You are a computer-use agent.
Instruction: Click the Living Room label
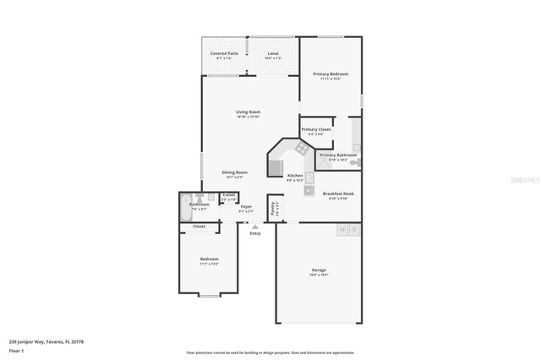click(248, 112)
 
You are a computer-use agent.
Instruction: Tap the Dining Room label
click(234, 172)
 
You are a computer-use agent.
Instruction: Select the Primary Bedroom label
click(331, 74)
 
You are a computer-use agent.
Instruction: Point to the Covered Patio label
click(224, 53)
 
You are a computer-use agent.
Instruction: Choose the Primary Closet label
click(315, 129)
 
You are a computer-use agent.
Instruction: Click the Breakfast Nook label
click(338, 194)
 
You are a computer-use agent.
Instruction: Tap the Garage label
click(318, 270)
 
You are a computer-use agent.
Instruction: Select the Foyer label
click(246, 206)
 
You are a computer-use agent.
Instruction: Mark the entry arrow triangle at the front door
click(255, 226)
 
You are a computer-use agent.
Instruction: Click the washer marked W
click(342, 229)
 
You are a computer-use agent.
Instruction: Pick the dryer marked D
click(355, 229)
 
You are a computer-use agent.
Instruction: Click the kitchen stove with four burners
click(300, 149)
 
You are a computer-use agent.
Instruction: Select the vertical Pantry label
click(272, 208)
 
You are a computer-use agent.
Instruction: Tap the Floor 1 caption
click(17, 350)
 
